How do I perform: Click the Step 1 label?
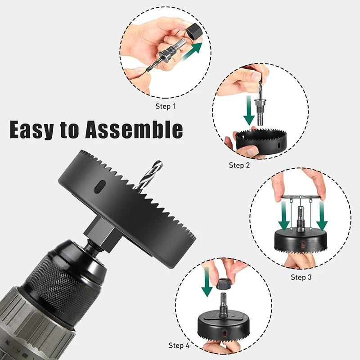(166, 107)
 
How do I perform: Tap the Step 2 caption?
(239, 165)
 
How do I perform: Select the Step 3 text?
(301, 277)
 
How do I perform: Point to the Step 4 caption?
(179, 346)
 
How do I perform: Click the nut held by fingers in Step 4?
(224, 284)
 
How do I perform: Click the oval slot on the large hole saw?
(102, 185)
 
